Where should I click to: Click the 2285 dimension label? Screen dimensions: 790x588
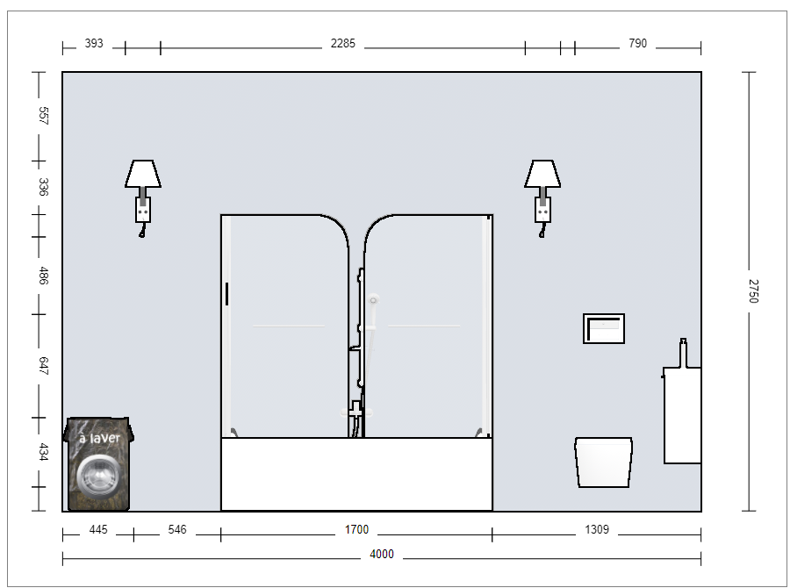click(342, 43)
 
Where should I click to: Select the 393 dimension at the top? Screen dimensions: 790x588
click(94, 43)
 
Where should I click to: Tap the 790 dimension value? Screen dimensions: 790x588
click(637, 43)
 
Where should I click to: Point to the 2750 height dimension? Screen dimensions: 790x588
click(753, 291)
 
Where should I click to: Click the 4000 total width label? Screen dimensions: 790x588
click(382, 555)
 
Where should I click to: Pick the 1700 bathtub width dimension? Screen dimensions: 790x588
click(356, 529)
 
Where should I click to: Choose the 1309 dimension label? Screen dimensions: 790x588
click(597, 529)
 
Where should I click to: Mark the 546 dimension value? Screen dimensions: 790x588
click(176, 529)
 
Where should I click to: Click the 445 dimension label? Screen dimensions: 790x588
click(98, 529)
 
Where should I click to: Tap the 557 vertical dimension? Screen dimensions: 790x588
click(43, 115)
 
